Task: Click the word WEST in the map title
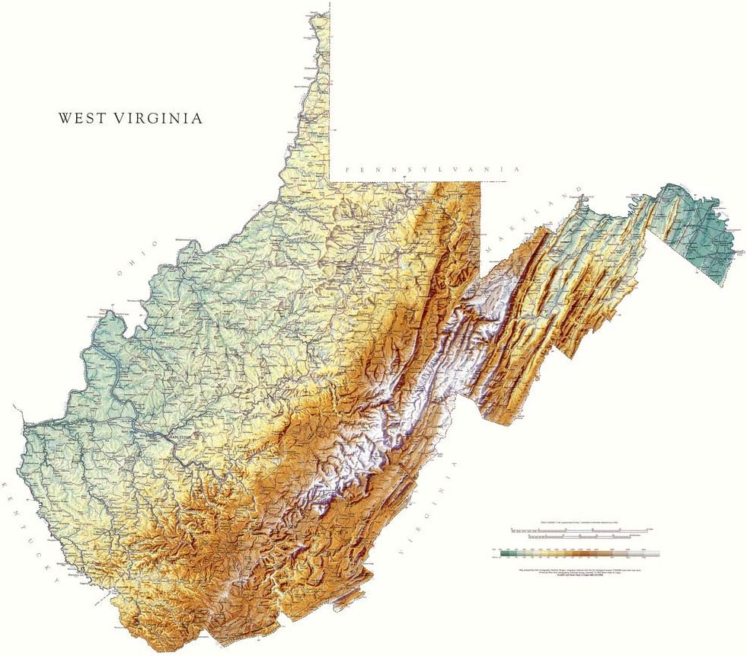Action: click(x=83, y=119)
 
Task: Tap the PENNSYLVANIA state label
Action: click(x=431, y=170)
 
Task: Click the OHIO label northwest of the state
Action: click(x=138, y=259)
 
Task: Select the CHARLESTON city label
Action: click(x=180, y=437)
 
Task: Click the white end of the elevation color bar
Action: click(x=651, y=555)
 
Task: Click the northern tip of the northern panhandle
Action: click(x=311, y=13)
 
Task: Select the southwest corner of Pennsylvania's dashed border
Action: click(x=331, y=180)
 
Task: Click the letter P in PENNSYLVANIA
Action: click(x=346, y=170)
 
